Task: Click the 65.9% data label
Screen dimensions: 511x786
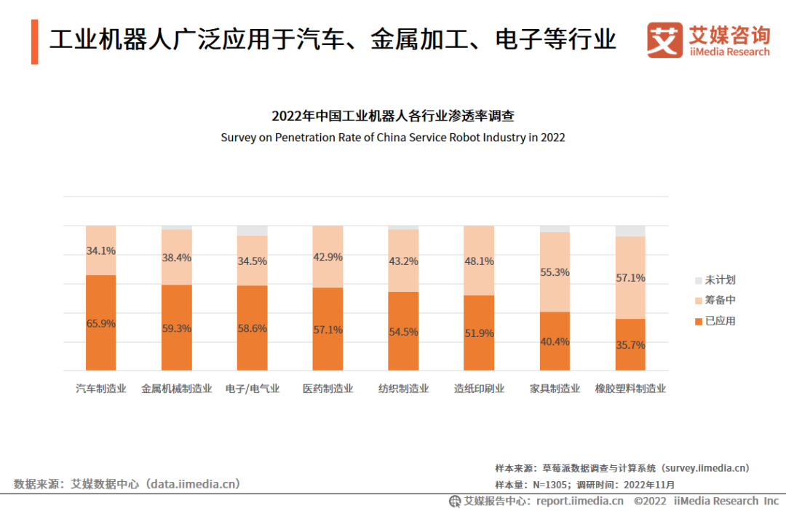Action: [100, 324]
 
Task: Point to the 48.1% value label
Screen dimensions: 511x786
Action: [479, 261]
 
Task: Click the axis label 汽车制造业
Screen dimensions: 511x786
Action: [100, 389]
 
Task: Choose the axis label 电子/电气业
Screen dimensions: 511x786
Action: [252, 389]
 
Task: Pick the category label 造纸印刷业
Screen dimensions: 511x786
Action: [479, 389]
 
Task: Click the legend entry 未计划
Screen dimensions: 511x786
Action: [720, 280]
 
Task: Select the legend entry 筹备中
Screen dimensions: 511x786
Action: [720, 301]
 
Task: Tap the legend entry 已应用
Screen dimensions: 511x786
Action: [720, 321]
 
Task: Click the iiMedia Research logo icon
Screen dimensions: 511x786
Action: [664, 40]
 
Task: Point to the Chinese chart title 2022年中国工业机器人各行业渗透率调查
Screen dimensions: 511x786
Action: [393, 116]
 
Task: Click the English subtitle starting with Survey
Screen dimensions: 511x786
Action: [393, 137]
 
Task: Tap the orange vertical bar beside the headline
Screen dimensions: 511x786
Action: [34, 41]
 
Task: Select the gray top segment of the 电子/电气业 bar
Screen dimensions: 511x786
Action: [252, 231]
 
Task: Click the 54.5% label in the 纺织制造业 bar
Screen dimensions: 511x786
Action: [403, 331]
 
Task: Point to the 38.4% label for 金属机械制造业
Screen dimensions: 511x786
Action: [176, 257]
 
